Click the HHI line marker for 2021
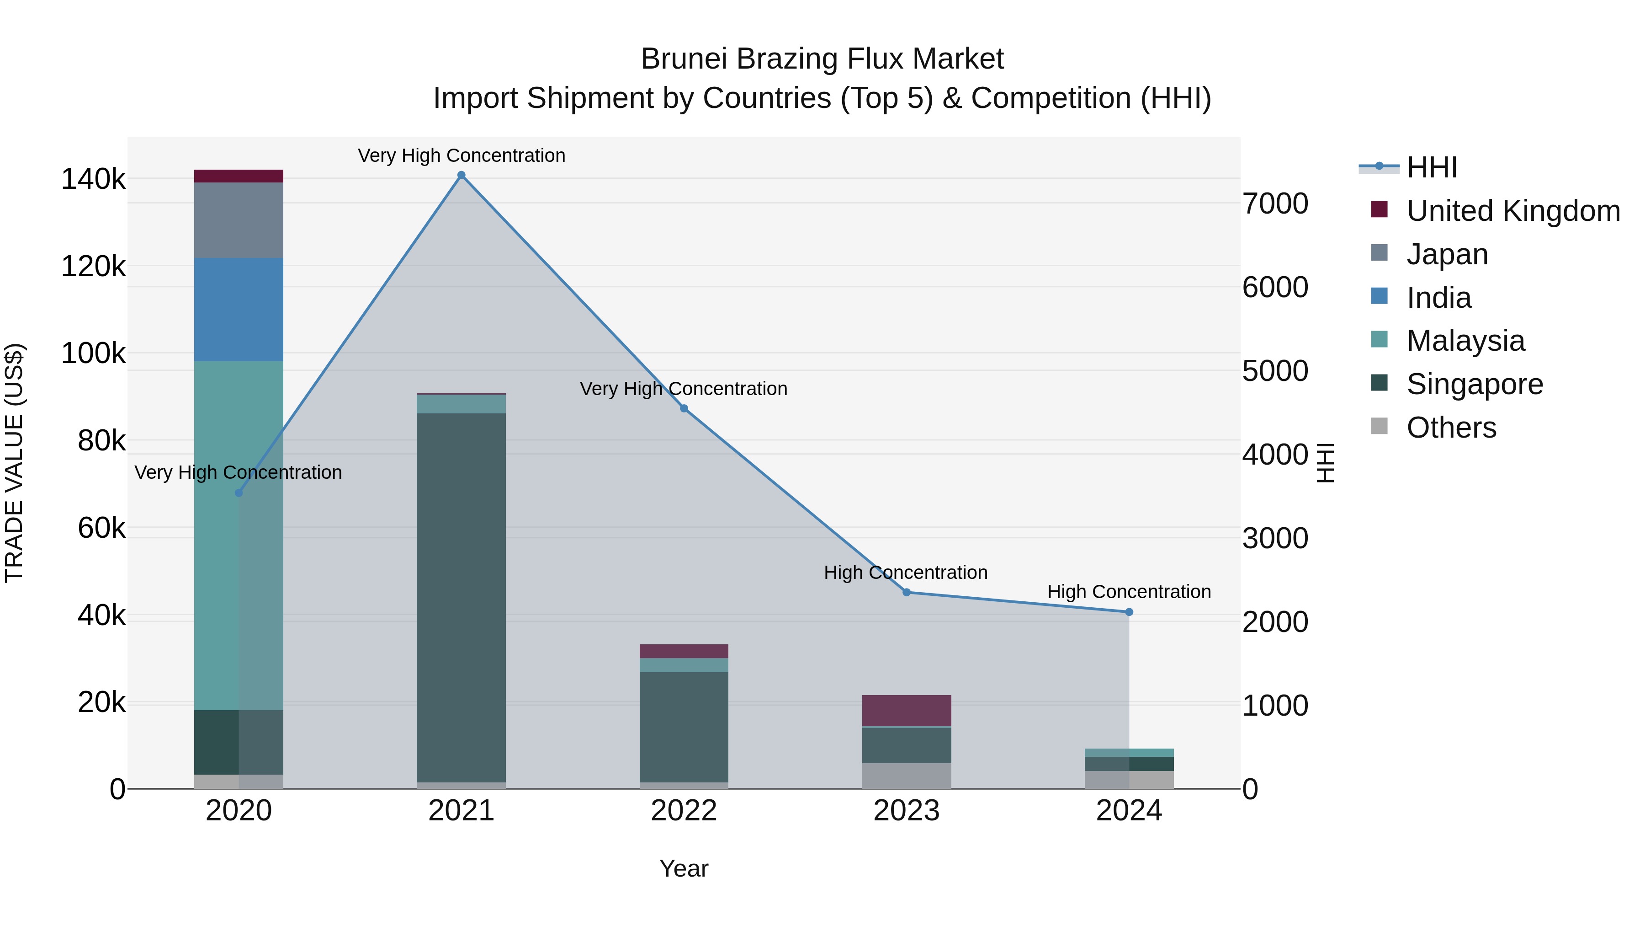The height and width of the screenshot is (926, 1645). coord(461,175)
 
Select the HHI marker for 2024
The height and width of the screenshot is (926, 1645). coord(1129,612)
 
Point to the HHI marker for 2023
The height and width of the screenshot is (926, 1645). coord(906,592)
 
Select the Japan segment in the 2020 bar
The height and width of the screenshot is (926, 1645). coord(238,220)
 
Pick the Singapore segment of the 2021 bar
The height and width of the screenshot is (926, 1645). coord(461,598)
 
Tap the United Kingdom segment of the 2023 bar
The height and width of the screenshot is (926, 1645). coord(906,710)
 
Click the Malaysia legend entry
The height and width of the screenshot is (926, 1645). coord(1465,341)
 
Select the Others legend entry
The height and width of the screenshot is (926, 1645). coord(1451,428)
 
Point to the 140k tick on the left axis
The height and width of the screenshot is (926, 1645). coord(93,179)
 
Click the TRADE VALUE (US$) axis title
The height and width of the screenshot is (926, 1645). coord(15,463)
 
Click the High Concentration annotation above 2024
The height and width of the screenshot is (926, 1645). coord(1129,592)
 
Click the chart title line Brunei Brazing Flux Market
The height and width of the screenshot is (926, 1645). coord(822,59)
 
